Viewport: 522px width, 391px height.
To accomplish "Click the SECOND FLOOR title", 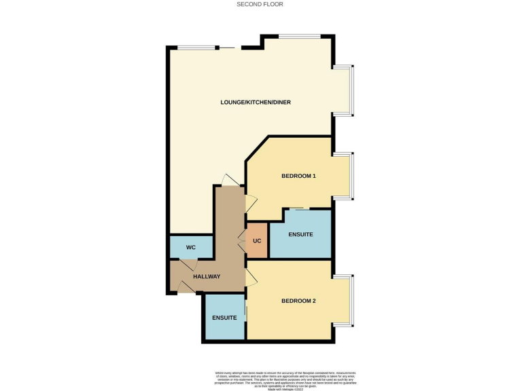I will pos(260,4).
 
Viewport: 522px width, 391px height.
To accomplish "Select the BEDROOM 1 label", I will pos(298,176).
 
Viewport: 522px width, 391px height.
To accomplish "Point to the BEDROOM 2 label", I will pos(298,301).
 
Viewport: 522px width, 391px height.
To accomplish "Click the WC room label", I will pos(191,247).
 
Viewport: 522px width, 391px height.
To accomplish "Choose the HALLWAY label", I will pos(207,277).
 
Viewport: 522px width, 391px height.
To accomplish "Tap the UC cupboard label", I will pos(257,241).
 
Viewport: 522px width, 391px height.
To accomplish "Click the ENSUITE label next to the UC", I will pos(300,234).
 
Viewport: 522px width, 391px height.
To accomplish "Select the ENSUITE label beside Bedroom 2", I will pos(224,318).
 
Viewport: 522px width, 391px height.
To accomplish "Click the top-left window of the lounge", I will pos(194,47).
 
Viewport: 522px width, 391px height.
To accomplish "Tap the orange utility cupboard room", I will pos(258,241).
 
